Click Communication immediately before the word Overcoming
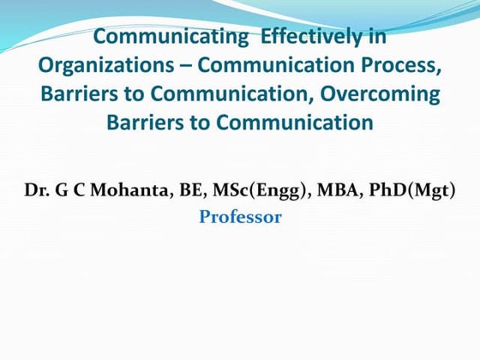pyautogui.click(x=236, y=94)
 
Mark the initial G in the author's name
pyautogui.click(x=62, y=189)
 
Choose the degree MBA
pyautogui.click(x=333, y=189)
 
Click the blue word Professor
pyautogui.click(x=240, y=217)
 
